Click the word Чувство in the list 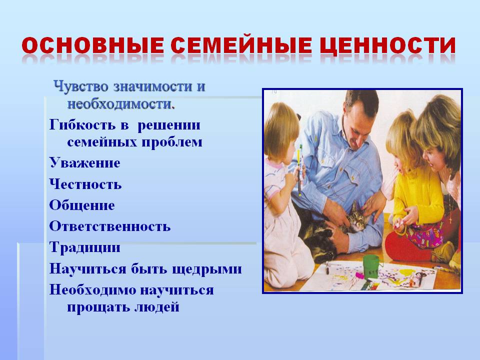81,86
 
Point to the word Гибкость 82,125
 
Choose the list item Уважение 85,163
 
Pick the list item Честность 85,184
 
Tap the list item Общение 82,205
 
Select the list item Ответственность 110,226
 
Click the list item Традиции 85,247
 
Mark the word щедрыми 207,269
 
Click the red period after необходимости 173,107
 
